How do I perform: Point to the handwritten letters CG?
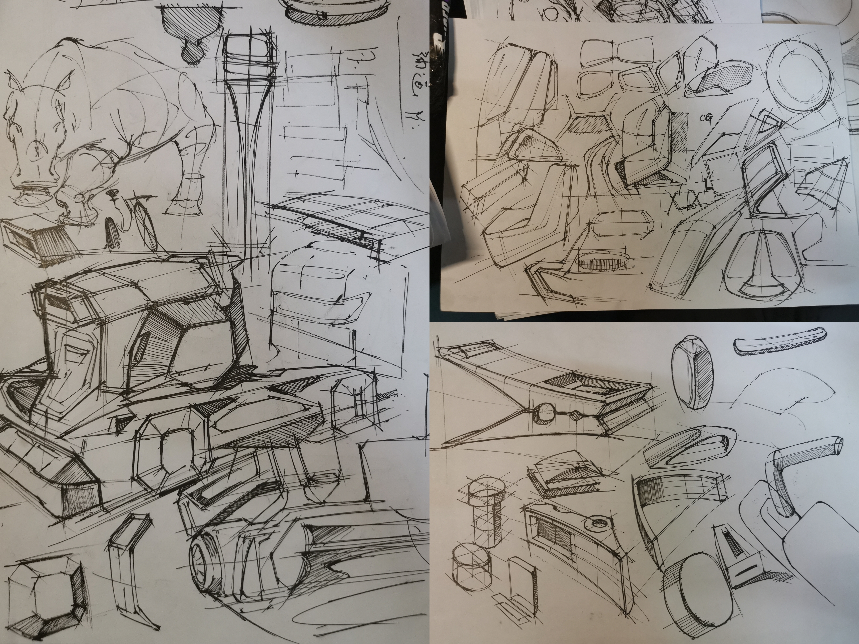706,118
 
